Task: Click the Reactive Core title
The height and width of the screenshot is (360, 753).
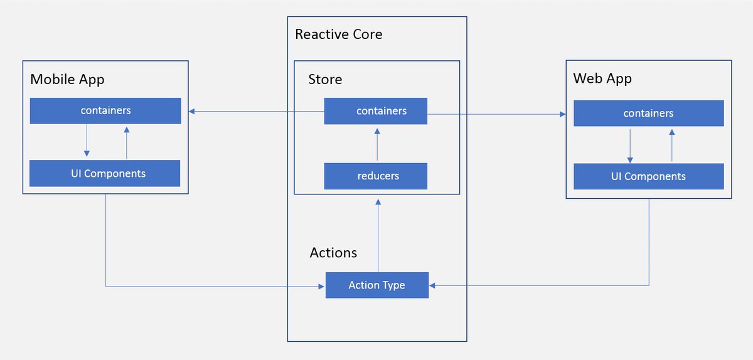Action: [338, 34]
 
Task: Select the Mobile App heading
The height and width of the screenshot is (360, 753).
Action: [67, 80]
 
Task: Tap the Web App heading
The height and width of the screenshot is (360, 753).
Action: [602, 79]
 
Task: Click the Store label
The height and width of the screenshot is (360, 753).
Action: [325, 80]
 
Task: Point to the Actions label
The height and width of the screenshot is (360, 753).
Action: [333, 253]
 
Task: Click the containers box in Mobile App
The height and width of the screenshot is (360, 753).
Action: [105, 110]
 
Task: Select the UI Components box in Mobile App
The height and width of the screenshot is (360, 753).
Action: [105, 174]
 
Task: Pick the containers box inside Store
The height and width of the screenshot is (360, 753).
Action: [376, 111]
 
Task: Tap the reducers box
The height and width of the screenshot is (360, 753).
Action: [376, 176]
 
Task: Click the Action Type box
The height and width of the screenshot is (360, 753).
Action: [376, 285]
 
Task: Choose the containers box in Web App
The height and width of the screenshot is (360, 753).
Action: [648, 114]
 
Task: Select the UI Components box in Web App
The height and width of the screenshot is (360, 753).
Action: [648, 177]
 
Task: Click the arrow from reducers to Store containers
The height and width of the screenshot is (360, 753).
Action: [377, 144]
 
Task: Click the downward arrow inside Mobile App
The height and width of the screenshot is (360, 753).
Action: [87, 142]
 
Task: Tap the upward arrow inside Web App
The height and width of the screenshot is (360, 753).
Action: [672, 145]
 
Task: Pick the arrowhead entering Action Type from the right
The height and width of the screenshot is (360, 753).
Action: [433, 286]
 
